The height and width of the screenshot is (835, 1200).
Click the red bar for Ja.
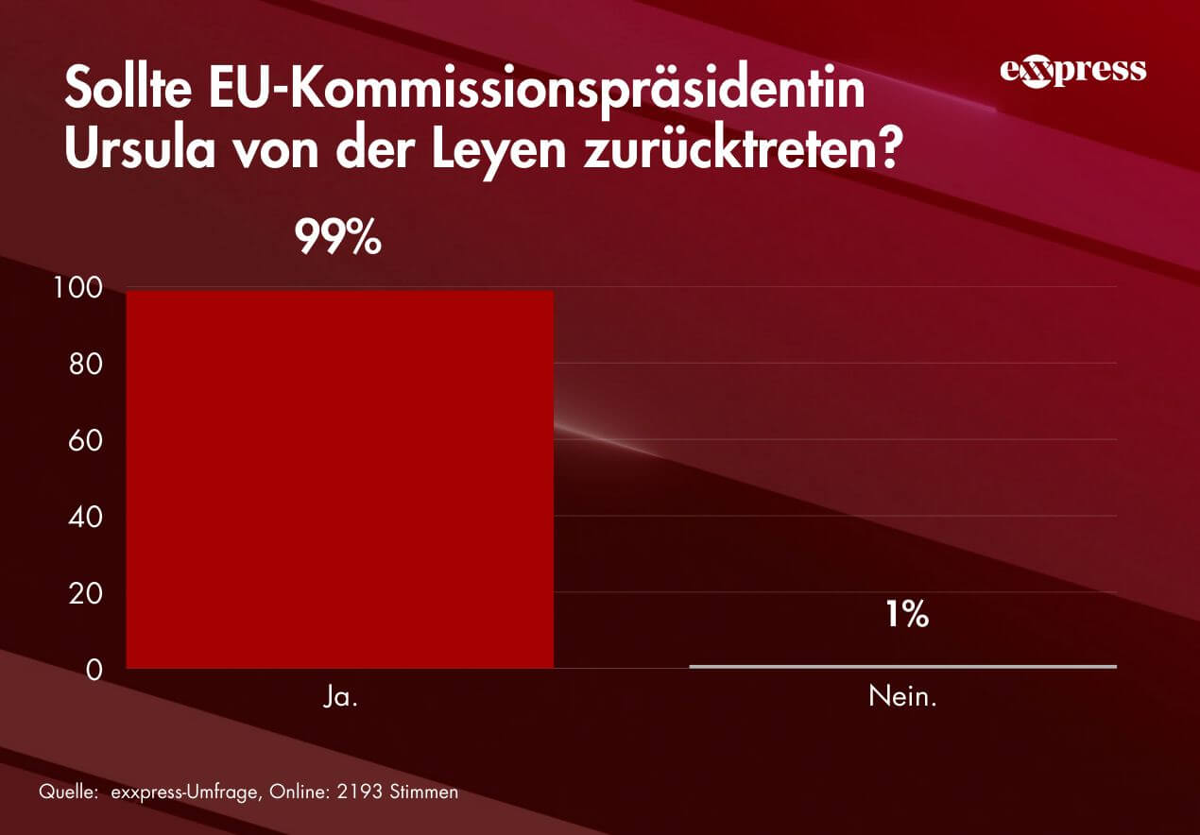click(339, 479)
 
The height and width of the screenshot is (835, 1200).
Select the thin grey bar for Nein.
click(902, 666)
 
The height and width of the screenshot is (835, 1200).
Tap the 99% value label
click(338, 239)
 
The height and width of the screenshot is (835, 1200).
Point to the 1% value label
click(907, 616)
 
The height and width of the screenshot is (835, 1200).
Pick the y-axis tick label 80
click(85, 365)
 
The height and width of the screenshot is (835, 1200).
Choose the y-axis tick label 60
click(85, 441)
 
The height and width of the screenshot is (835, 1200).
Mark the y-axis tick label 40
click(85, 518)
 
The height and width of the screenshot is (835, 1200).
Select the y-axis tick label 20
click(85, 594)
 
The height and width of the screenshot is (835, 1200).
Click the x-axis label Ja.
click(339, 700)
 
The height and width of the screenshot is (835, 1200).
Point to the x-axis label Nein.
click(902, 700)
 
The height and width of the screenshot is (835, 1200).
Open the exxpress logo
click(1072, 71)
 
